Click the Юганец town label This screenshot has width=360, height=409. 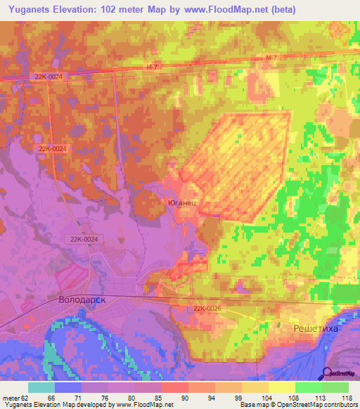pyautogui.click(x=186, y=202)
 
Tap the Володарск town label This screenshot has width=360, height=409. pyautogui.click(x=83, y=299)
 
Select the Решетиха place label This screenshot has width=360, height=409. pyautogui.click(x=316, y=327)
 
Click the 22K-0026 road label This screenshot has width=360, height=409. pyautogui.click(x=207, y=308)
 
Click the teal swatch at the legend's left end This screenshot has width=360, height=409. pyautogui.click(x=41, y=387)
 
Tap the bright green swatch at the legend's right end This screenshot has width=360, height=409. pyautogui.click(x=335, y=387)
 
